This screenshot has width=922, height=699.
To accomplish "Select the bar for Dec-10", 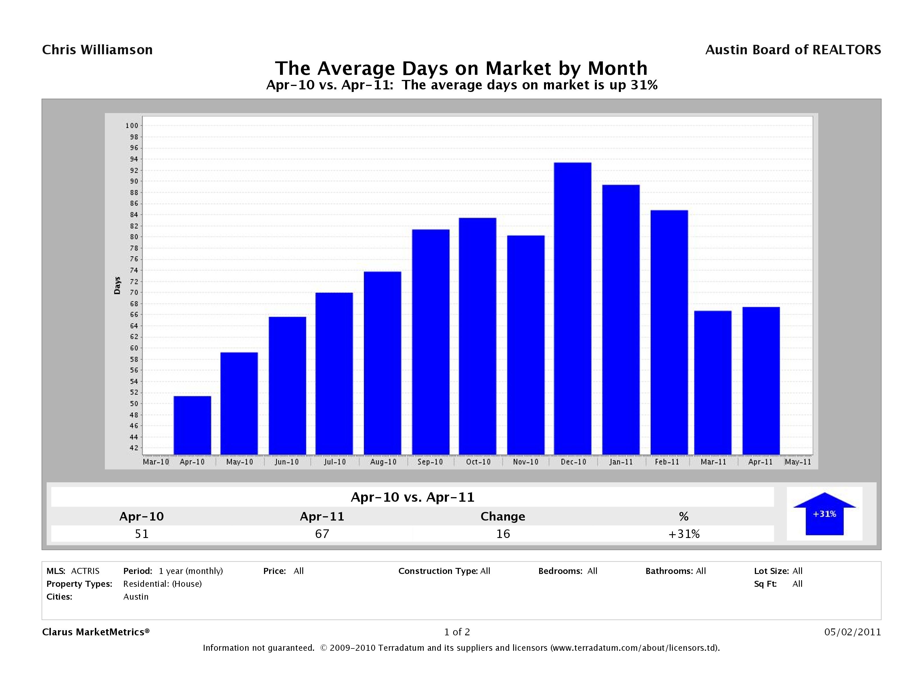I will tap(572, 308).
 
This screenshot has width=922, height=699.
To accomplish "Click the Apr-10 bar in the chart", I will tap(192, 425).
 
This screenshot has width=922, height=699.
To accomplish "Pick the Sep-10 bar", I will tap(431, 342).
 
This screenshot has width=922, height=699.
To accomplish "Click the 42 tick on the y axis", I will tap(133, 448).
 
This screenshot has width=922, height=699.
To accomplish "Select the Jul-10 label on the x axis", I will tap(335, 462).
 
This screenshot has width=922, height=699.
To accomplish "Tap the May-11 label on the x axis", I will tap(798, 462).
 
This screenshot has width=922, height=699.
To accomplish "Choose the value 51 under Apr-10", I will tap(142, 534).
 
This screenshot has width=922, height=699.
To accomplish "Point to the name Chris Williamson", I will tap(97, 50).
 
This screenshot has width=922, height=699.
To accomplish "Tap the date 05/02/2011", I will tap(852, 632).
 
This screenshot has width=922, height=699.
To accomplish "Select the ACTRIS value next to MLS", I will tap(85, 571).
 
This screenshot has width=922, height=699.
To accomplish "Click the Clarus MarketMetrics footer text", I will tap(95, 632).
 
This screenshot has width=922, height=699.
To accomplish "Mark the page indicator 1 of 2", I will tap(457, 632).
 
